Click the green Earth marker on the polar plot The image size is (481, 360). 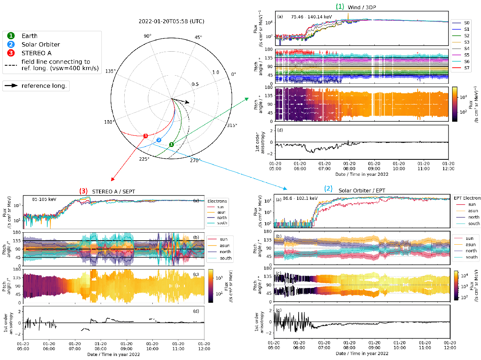tap(171, 144)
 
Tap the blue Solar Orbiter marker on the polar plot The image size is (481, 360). tap(159, 140)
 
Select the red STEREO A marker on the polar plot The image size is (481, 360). tap(146, 135)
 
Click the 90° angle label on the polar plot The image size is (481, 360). tap(148, 36)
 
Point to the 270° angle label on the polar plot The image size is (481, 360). tap(195, 161)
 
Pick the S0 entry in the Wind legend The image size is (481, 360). tap(467, 23)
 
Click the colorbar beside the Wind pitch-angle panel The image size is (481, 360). tap(455, 104)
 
